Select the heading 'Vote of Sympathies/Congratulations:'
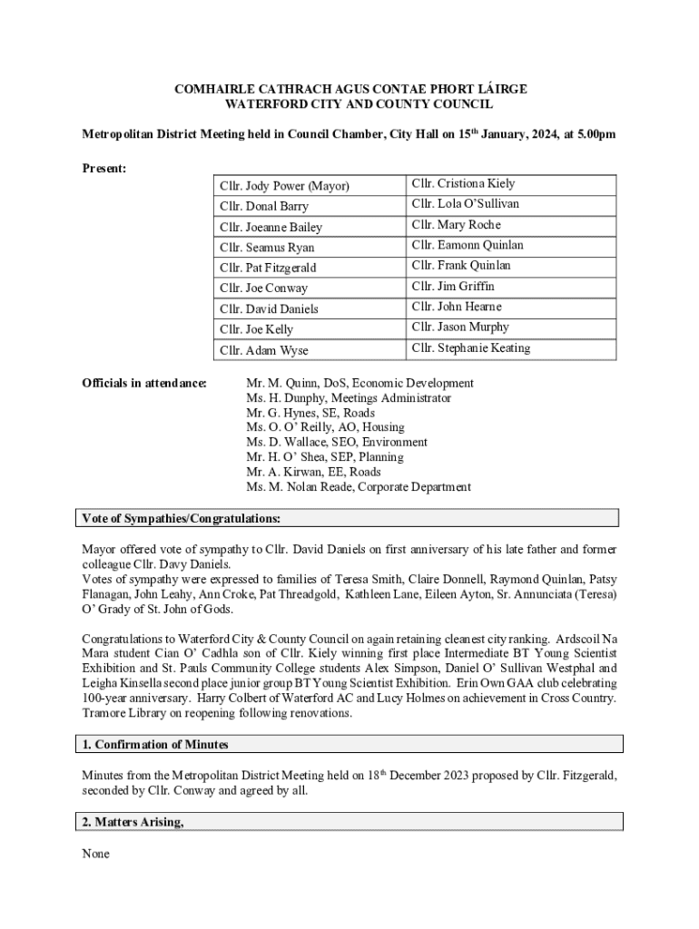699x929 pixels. pyautogui.click(x=182, y=519)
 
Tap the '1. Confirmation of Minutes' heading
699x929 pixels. pyautogui.click(x=155, y=745)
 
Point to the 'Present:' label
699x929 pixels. pyautogui.click(x=103, y=169)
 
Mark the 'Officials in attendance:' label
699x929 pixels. pyautogui.click(x=144, y=384)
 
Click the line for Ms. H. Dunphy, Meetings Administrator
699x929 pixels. pyautogui.click(x=348, y=398)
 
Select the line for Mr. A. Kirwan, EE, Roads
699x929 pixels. pyautogui.click(x=313, y=472)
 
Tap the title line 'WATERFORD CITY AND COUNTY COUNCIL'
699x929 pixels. pyautogui.click(x=349, y=105)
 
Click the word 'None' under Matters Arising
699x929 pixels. pyautogui.click(x=95, y=854)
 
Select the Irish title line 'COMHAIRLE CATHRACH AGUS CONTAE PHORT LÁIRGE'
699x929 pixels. pyautogui.click(x=349, y=90)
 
